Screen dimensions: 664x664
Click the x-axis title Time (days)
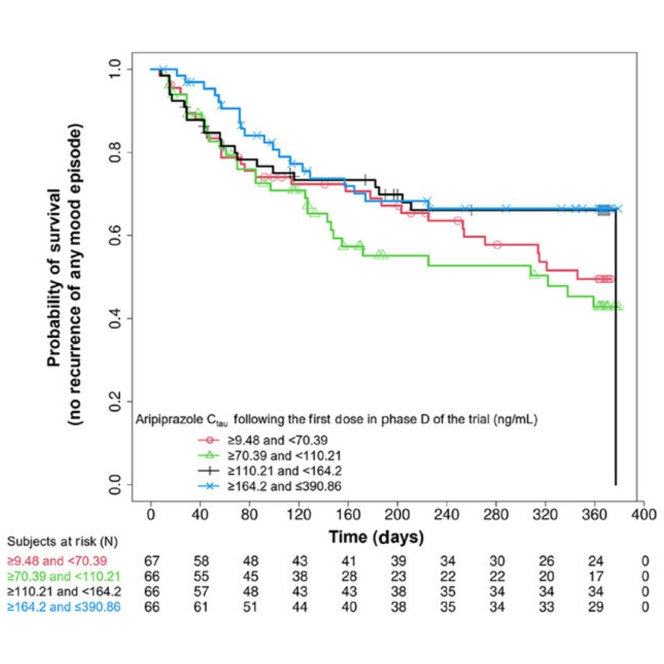click(x=376, y=537)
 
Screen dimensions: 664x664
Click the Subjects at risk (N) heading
click(x=62, y=542)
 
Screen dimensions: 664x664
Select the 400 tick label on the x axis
click(x=643, y=514)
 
